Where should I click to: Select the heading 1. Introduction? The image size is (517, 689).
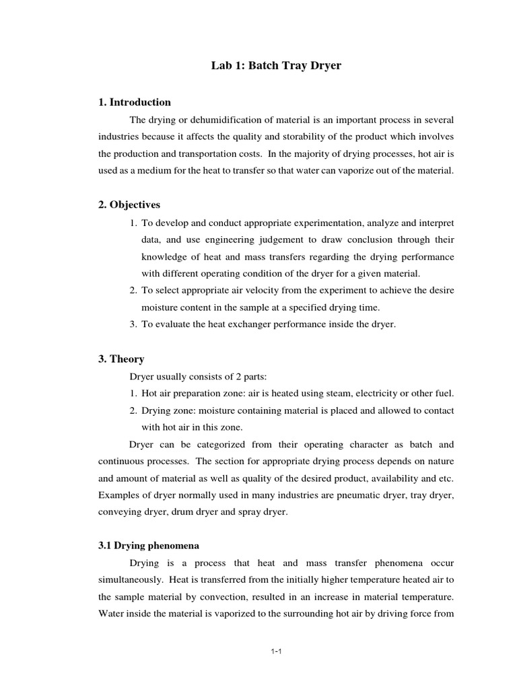tap(135, 102)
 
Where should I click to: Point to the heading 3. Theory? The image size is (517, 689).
tap(122, 359)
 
